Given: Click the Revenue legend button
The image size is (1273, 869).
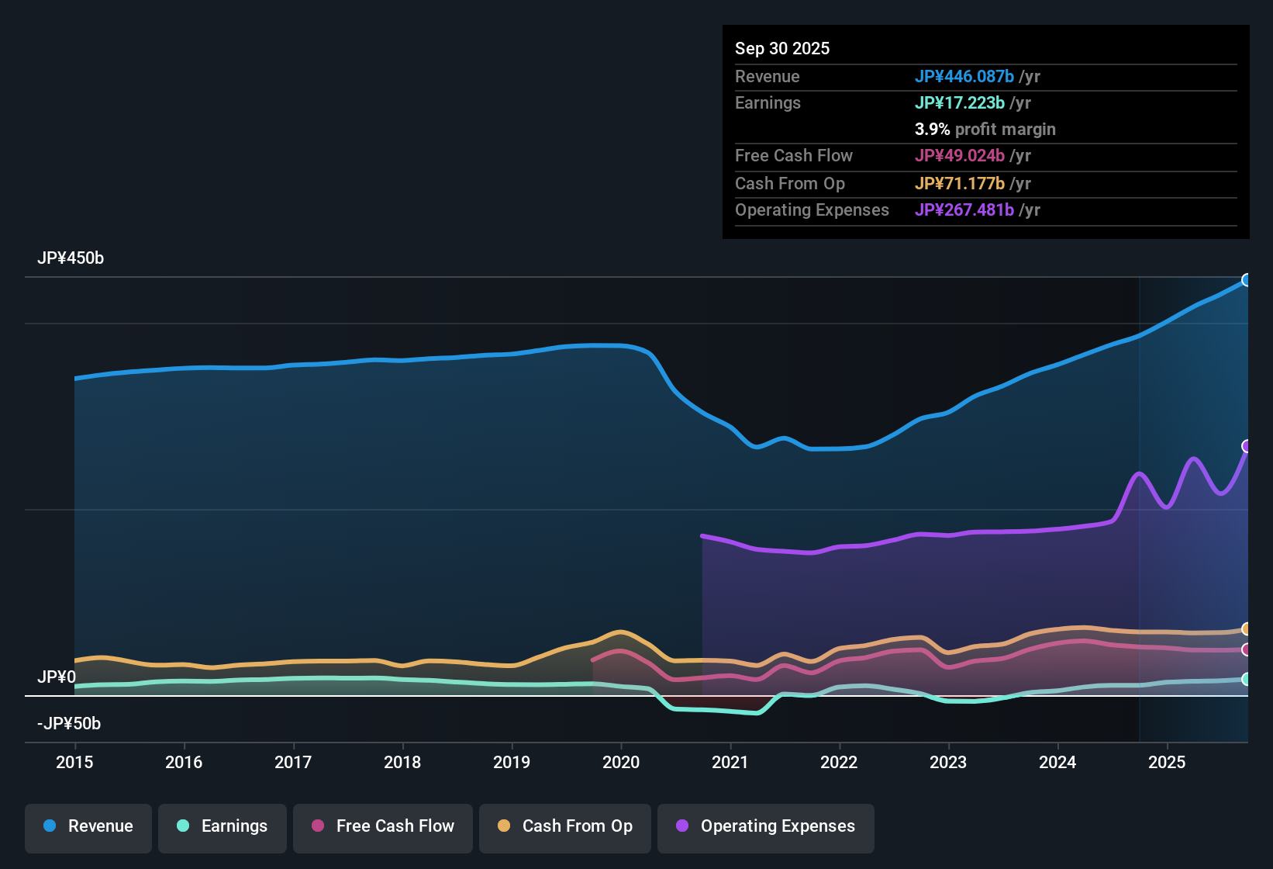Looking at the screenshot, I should click(88, 826).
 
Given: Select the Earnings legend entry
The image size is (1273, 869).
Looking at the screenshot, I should click(223, 826).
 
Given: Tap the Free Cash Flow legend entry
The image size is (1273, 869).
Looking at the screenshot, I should click(383, 826).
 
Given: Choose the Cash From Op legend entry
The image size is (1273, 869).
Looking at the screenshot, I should click(565, 826).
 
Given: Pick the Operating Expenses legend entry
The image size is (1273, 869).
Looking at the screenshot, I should click(766, 826).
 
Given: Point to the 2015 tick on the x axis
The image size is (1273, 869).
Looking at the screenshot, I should click(74, 762).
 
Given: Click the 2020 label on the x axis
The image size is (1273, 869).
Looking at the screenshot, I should click(621, 762).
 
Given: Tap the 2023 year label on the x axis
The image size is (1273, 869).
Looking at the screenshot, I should click(948, 762).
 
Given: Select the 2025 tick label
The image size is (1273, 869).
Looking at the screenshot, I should click(1167, 762).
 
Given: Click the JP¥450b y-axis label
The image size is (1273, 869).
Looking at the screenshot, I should click(71, 258).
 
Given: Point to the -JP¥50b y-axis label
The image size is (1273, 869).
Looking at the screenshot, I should click(69, 724).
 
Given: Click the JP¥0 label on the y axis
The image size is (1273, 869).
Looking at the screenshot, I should click(57, 677).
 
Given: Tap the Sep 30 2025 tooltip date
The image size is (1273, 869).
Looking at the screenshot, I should click(782, 48).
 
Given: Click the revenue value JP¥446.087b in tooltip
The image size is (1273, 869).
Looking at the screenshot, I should click(964, 76).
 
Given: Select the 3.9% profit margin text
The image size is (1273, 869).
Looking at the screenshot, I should click(985, 130).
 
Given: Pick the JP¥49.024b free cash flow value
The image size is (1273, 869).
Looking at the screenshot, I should click(960, 156).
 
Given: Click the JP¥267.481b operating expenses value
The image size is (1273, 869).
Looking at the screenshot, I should click(964, 210).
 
